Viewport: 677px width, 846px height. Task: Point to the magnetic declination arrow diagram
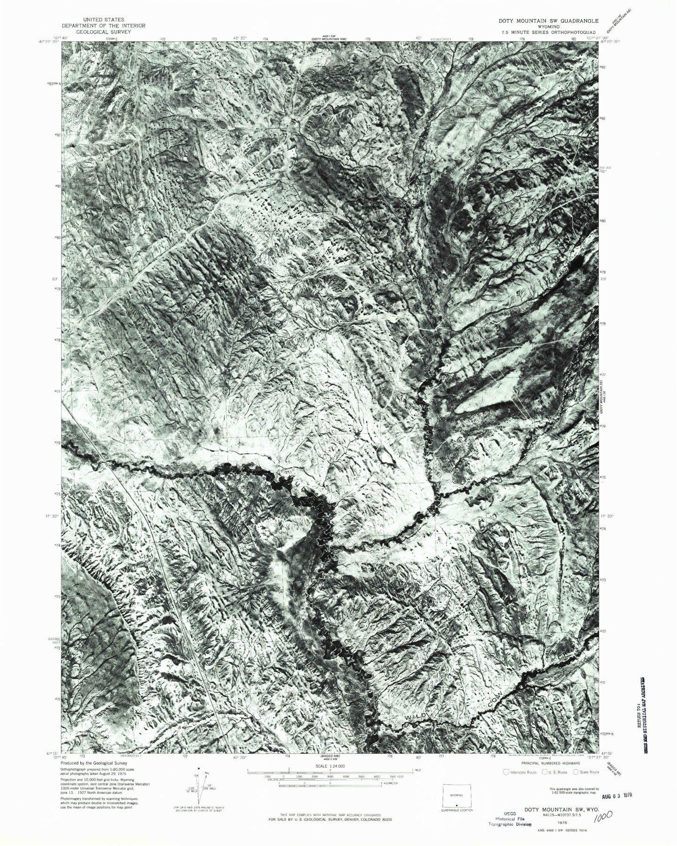[200, 787]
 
